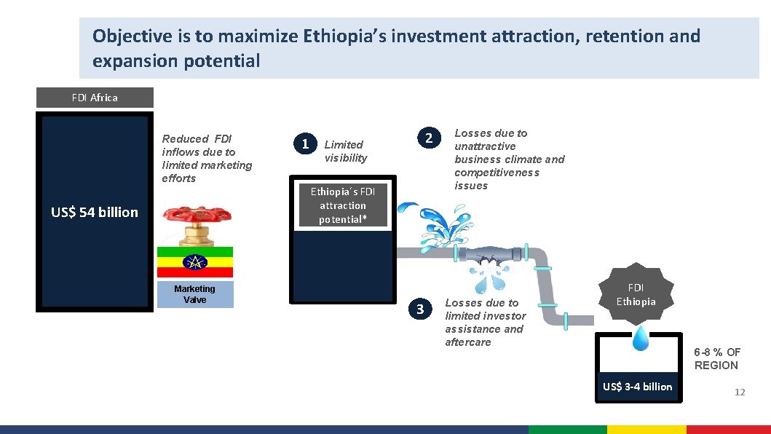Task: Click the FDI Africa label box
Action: point(95,98)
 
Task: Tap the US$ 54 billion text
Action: point(95,212)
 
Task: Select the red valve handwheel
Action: point(197,216)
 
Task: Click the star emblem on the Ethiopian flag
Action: point(195,262)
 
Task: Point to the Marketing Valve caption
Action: point(195,294)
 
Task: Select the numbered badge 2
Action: point(430,138)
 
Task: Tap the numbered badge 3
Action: point(419,309)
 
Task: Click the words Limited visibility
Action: point(346,151)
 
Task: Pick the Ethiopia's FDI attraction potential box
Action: point(343,205)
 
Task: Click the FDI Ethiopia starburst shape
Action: point(636,295)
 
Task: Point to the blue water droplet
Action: point(641,338)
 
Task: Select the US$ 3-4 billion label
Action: point(637,387)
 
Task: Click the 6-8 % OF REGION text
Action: point(716,359)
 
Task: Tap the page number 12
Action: point(740,392)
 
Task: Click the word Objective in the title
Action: point(128,36)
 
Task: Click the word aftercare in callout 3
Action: point(468,342)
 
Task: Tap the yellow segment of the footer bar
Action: point(647,430)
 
